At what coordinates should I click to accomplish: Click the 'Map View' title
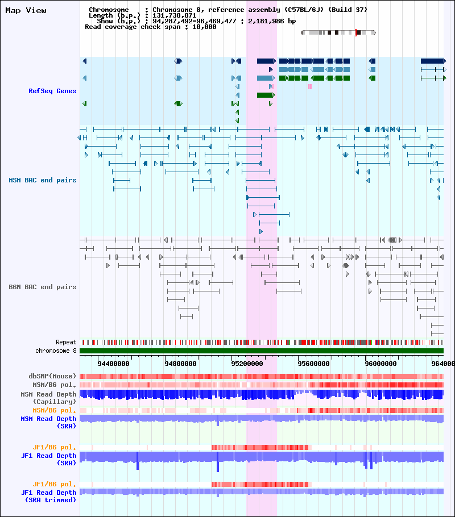(x=26, y=11)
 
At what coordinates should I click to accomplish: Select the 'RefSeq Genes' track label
(x=52, y=91)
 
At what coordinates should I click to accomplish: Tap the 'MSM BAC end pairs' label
(x=42, y=180)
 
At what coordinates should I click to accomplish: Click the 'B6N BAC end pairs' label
(x=42, y=287)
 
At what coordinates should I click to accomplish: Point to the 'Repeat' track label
(x=66, y=342)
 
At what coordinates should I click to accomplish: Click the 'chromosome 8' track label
(x=56, y=351)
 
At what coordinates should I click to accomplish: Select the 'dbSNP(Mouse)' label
(x=52, y=376)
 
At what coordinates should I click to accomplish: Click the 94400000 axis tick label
(x=114, y=364)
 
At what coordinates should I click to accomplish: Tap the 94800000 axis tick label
(x=181, y=364)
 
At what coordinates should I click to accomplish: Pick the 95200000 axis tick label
(x=247, y=364)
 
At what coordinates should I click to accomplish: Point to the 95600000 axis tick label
(x=314, y=364)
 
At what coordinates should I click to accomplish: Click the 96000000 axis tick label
(x=380, y=364)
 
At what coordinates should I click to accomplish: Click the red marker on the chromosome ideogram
(x=355, y=32)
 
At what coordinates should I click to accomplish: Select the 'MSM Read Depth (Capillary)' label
(x=48, y=398)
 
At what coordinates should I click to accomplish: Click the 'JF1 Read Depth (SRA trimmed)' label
(x=48, y=496)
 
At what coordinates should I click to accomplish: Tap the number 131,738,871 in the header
(x=175, y=15)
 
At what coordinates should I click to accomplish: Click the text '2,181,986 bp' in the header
(x=272, y=21)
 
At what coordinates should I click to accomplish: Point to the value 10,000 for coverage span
(x=204, y=27)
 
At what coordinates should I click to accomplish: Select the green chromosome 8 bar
(x=262, y=351)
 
